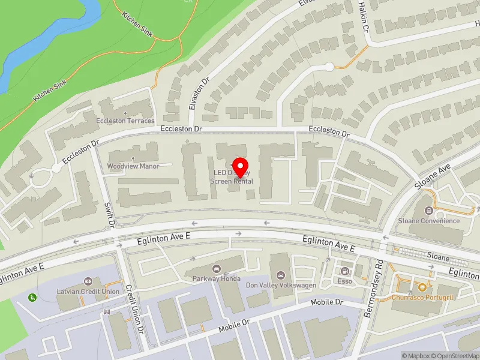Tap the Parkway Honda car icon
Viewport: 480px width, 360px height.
click(216, 268)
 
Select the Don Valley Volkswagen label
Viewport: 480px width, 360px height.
click(281, 285)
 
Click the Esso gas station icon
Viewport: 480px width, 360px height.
click(345, 271)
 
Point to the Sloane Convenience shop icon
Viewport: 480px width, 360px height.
click(428, 211)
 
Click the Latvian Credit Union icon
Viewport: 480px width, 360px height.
click(88, 281)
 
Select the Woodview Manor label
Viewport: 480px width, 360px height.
click(133, 166)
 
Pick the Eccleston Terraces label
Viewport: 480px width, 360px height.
click(125, 121)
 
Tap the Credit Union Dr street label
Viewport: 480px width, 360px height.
click(136, 309)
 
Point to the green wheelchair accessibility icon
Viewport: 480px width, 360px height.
click(31, 296)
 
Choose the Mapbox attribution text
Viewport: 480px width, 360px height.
click(418, 356)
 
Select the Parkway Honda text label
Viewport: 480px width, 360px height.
click(216, 278)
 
